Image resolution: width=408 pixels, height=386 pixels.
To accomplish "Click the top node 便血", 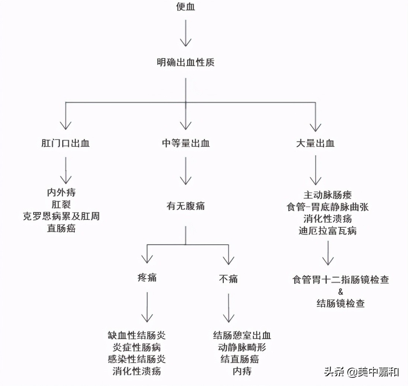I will click(x=185, y=7).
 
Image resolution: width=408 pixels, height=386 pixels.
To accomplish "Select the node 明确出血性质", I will click(x=185, y=62).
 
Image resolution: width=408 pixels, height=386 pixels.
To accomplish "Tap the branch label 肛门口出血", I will click(x=66, y=143).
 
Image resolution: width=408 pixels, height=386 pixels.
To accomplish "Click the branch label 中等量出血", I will click(x=185, y=143).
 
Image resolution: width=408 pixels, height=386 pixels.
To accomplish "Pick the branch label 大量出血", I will click(x=315, y=143).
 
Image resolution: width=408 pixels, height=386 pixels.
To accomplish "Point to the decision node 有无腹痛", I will click(x=185, y=206).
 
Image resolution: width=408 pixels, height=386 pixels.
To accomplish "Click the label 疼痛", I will click(x=147, y=278).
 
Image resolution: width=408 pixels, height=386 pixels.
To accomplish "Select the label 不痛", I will click(x=228, y=279).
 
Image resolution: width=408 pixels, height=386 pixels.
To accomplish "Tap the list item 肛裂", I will click(x=61, y=204).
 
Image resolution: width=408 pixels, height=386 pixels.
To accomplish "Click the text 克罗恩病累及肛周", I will click(x=61, y=216).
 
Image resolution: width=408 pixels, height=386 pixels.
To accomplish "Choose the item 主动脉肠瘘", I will click(x=328, y=195).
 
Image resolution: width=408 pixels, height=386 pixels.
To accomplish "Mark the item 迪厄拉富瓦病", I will click(x=328, y=231).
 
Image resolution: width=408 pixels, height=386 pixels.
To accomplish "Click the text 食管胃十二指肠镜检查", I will click(x=341, y=280).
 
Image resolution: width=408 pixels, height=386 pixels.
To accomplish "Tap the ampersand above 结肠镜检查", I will click(x=341, y=292).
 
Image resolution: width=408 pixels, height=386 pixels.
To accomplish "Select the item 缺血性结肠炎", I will click(x=137, y=335).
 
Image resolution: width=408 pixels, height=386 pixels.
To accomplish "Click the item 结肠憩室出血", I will click(x=242, y=335).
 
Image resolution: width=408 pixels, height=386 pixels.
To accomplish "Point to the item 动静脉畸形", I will click(x=242, y=347).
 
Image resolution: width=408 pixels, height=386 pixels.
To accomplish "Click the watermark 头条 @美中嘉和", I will click(x=361, y=371).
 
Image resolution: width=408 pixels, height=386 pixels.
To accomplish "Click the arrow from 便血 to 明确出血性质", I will click(x=185, y=33).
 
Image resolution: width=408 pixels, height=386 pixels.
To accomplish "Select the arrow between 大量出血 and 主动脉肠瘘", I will click(x=315, y=170).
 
